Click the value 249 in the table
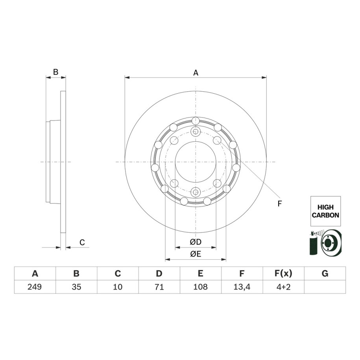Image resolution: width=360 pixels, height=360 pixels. coord(35,287)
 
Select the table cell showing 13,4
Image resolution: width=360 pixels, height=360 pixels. coord(242,287)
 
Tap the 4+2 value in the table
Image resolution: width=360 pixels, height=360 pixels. coord(283,287)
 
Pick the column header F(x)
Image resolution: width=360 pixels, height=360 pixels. coord(283,273)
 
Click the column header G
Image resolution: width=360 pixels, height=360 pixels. coord(325,273)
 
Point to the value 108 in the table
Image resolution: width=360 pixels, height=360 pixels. coord(200,287)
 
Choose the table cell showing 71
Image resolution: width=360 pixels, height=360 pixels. coord(159,287)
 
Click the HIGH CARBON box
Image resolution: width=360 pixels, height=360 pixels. coord(325,211)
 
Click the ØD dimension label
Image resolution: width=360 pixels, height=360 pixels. coord(196,242)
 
